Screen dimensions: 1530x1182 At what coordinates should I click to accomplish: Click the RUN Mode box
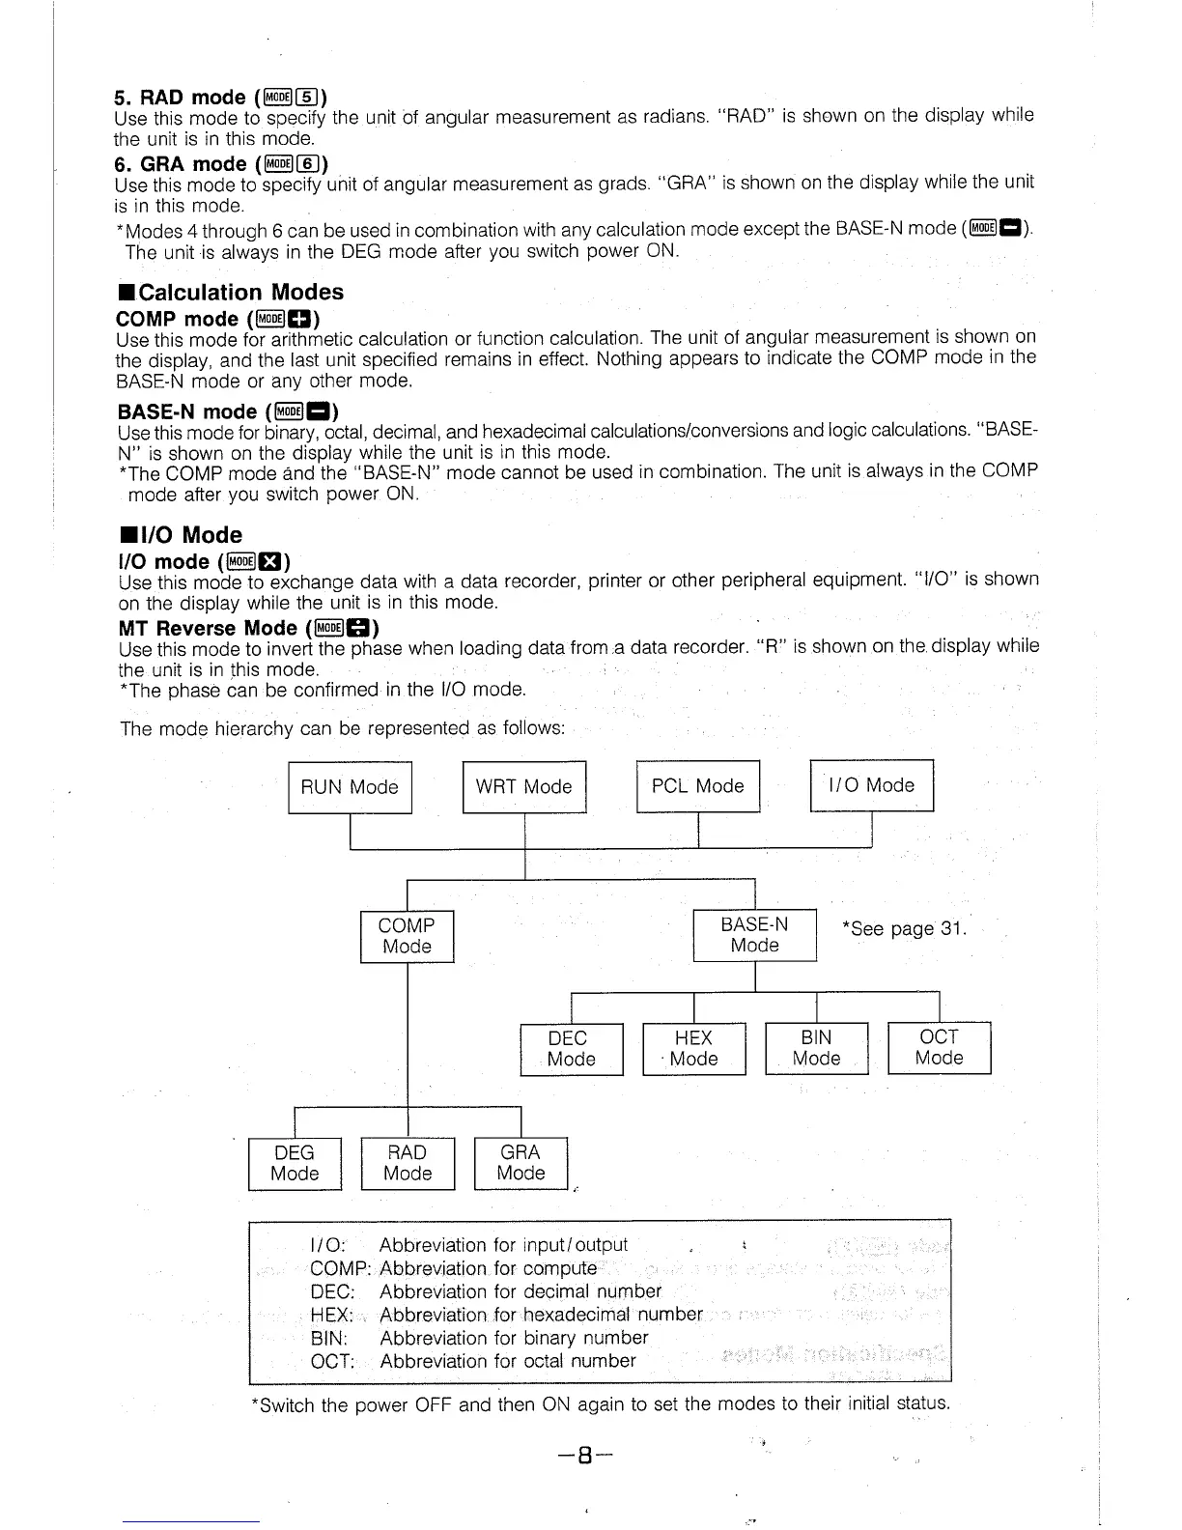tap(350, 787)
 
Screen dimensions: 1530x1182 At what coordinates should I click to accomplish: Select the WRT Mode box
tap(524, 787)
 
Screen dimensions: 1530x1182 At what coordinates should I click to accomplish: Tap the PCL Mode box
tap(698, 786)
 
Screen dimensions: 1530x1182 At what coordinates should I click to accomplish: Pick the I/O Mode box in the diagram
tap(871, 785)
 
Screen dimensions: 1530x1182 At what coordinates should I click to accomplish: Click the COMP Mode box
tap(407, 936)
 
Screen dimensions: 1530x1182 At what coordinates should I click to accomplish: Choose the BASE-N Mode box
tap(754, 935)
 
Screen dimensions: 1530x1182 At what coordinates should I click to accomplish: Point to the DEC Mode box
tap(571, 1048)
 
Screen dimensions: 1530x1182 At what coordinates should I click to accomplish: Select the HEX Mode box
tap(693, 1048)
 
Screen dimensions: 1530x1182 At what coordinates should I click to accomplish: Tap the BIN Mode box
tap(816, 1048)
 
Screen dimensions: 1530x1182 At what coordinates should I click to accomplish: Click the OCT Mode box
tap(939, 1047)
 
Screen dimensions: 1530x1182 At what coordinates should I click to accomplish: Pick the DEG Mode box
tap(295, 1163)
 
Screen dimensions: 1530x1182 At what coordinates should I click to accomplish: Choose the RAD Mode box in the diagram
tap(407, 1163)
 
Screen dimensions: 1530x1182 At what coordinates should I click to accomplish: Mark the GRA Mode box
tap(521, 1163)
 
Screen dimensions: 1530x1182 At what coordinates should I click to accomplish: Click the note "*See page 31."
tap(904, 929)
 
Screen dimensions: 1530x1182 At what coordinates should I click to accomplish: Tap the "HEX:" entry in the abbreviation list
tap(331, 1315)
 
